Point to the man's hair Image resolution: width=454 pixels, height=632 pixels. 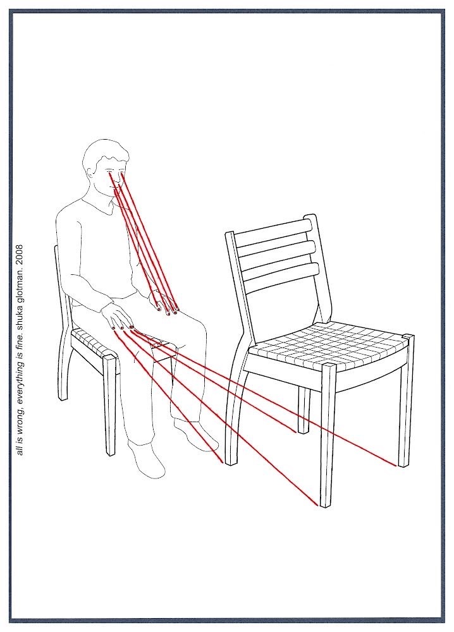tap(106, 152)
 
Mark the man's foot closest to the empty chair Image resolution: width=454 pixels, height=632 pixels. tap(195, 435)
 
